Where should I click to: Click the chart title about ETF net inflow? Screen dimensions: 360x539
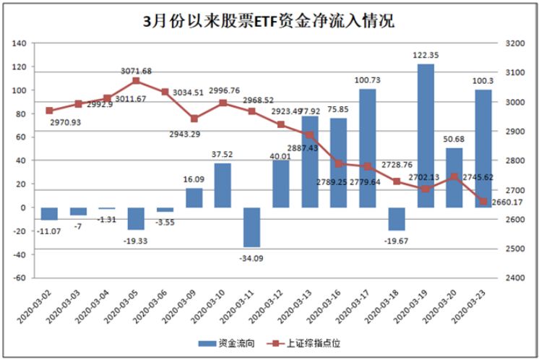tap(269, 20)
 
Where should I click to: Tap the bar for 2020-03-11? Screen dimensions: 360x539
tap(251, 227)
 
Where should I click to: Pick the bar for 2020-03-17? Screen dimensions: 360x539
tap(368, 148)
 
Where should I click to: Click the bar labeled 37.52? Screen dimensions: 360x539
tap(223, 186)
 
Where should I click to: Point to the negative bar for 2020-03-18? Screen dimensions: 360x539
tap(397, 219)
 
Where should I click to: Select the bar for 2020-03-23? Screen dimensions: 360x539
tap(483, 148)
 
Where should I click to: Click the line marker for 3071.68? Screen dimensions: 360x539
tap(136, 81)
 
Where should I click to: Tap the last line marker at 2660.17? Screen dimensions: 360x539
tap(483, 201)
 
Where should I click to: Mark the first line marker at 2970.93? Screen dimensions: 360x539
tap(49, 111)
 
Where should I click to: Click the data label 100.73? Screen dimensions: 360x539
tap(368, 80)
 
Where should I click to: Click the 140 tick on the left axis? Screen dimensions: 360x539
tap(20, 43)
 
